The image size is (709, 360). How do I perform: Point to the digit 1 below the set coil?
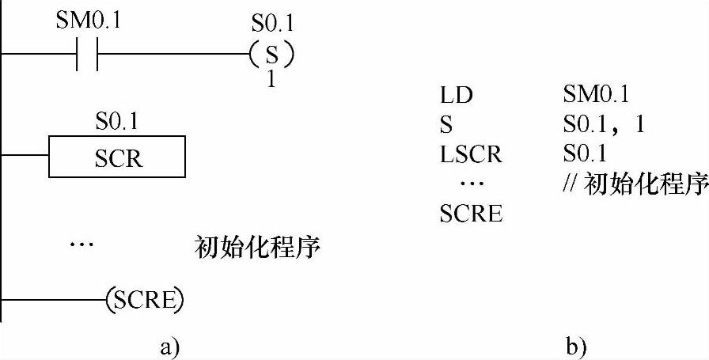pos(271,80)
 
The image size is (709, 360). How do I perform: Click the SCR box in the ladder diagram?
pos(117,158)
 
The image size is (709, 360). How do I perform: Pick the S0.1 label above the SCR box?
pos(117,124)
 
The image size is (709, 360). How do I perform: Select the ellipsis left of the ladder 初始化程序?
pos(82,245)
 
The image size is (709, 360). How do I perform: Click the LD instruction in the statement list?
pos(456,96)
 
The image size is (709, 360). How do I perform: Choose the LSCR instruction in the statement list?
pos(471,154)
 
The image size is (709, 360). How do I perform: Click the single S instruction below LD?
pos(445,125)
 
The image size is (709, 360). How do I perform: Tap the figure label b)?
pos(575,346)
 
